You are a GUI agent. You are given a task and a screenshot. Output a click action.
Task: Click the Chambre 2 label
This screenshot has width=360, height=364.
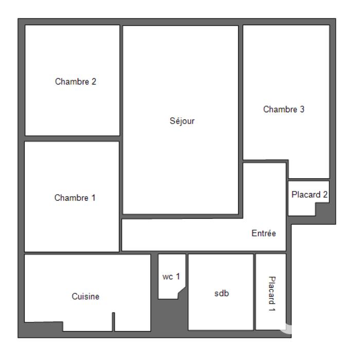click(x=76, y=81)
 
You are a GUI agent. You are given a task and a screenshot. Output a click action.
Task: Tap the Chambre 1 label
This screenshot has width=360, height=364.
click(x=75, y=198)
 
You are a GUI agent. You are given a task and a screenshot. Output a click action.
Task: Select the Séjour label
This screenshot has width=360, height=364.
click(x=182, y=122)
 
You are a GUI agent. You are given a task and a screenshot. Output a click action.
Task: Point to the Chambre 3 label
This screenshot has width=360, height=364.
click(x=284, y=109)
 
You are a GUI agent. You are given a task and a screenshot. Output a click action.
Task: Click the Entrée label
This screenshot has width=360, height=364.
click(x=264, y=233)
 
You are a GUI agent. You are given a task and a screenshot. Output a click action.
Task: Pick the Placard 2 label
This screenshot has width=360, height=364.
click(x=309, y=195)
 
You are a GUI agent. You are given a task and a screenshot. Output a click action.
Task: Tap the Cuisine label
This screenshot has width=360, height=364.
click(x=85, y=297)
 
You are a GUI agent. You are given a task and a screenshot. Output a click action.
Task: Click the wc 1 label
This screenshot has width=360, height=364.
click(x=171, y=276)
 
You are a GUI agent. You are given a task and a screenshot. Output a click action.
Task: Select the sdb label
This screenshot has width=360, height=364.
click(x=221, y=293)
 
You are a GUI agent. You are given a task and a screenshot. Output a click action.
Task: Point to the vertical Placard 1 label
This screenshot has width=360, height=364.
click(x=272, y=294)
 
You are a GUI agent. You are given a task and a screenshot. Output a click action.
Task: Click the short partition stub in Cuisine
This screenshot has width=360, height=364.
click(x=114, y=322)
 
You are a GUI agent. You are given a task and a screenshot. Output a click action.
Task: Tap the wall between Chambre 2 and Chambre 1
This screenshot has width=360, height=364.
click(x=73, y=138)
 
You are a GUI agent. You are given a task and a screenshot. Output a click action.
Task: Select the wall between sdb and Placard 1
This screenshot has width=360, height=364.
click(x=255, y=291)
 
